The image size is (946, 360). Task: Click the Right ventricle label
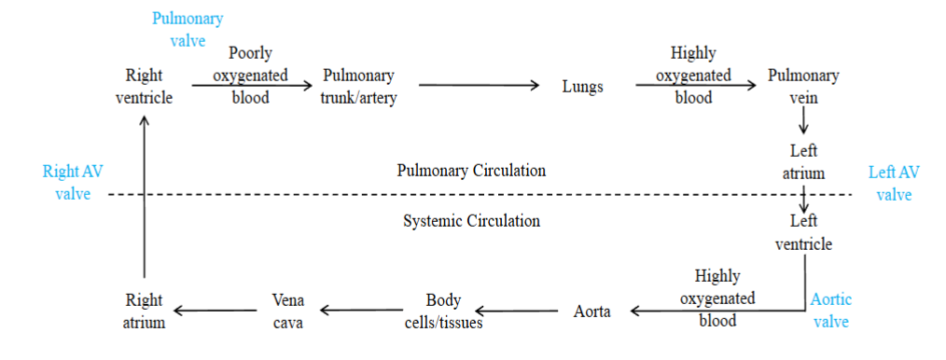pos(144,86)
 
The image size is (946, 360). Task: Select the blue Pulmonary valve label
pos(188,29)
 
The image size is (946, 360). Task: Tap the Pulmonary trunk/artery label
pos(359,86)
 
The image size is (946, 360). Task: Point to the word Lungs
pos(583,87)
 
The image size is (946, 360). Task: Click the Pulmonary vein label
pos(803,86)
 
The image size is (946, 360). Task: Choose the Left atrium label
pos(803,160)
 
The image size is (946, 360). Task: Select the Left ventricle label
pos(803,232)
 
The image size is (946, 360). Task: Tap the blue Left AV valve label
pos(894,183)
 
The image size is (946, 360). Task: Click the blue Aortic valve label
pos(831,310)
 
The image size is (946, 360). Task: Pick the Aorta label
pos(591,312)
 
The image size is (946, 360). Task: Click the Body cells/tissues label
pos(442,312)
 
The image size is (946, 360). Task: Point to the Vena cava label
pos(287,312)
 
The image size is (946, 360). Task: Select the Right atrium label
pos(144,312)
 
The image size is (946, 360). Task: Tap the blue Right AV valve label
pos(67,183)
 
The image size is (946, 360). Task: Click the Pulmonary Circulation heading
pos(471,171)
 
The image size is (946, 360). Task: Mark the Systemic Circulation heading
pos(471,221)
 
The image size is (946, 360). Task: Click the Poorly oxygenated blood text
pos(250,75)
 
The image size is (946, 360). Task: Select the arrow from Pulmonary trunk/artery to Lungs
pos(480,86)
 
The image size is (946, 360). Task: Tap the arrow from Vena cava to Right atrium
pos(215,311)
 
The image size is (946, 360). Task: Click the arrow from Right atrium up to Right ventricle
pos(144,196)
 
